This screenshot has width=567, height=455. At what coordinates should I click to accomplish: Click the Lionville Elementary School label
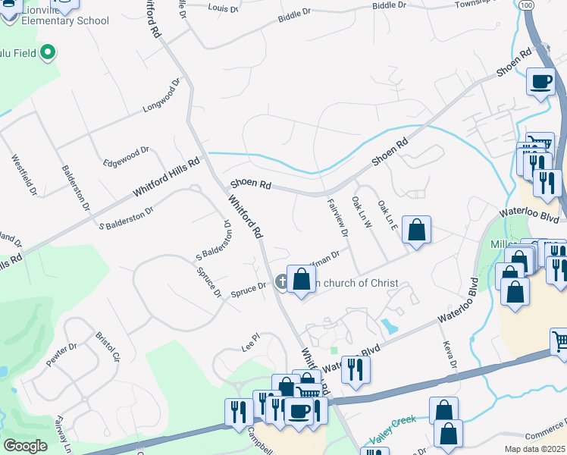pyautogui.click(x=55, y=15)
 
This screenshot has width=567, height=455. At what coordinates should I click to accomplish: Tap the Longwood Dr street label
pyautogui.click(x=161, y=96)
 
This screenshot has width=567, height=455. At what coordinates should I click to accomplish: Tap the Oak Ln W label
pyautogui.click(x=359, y=213)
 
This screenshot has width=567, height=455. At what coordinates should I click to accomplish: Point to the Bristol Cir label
pyautogui.click(x=108, y=346)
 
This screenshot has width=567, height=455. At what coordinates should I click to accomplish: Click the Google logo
pyautogui.click(x=25, y=446)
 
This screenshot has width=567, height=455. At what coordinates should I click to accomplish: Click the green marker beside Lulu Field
pyautogui.click(x=48, y=53)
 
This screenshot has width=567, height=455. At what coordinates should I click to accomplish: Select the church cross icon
pyautogui.click(x=282, y=283)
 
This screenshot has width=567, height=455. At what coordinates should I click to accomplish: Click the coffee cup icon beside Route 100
pyautogui.click(x=540, y=80)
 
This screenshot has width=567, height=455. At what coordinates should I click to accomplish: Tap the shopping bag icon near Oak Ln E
pyautogui.click(x=417, y=230)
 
